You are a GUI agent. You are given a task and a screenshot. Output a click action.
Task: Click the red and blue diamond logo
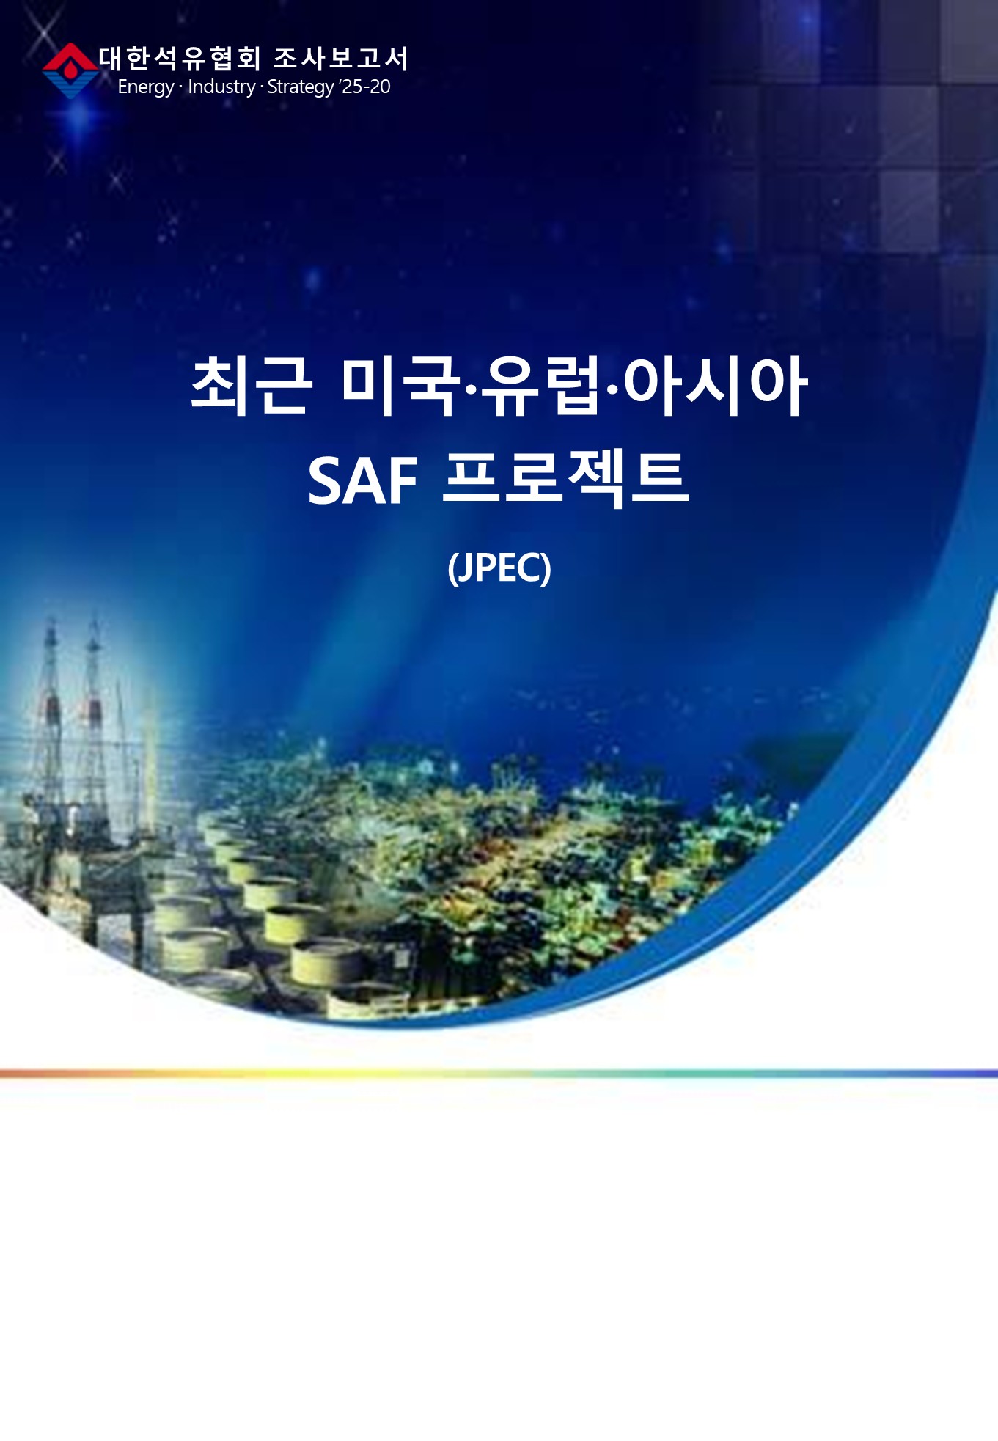(70, 70)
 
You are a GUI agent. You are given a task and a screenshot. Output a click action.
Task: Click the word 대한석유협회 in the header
(180, 58)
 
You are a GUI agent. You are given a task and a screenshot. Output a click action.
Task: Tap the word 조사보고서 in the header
(341, 58)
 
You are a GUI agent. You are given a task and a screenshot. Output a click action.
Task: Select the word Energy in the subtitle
(145, 87)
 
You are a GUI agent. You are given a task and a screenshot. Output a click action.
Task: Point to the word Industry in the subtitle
(221, 87)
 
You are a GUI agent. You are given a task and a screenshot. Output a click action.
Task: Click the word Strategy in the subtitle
(301, 87)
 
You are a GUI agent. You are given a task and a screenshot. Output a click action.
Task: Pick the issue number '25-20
(365, 87)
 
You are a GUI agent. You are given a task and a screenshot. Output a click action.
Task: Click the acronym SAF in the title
(362, 481)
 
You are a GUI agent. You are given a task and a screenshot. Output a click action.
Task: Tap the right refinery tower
(94, 719)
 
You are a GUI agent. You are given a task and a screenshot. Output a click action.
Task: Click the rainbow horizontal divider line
(499, 1074)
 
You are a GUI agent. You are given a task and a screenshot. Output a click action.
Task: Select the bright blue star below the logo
(81, 117)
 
